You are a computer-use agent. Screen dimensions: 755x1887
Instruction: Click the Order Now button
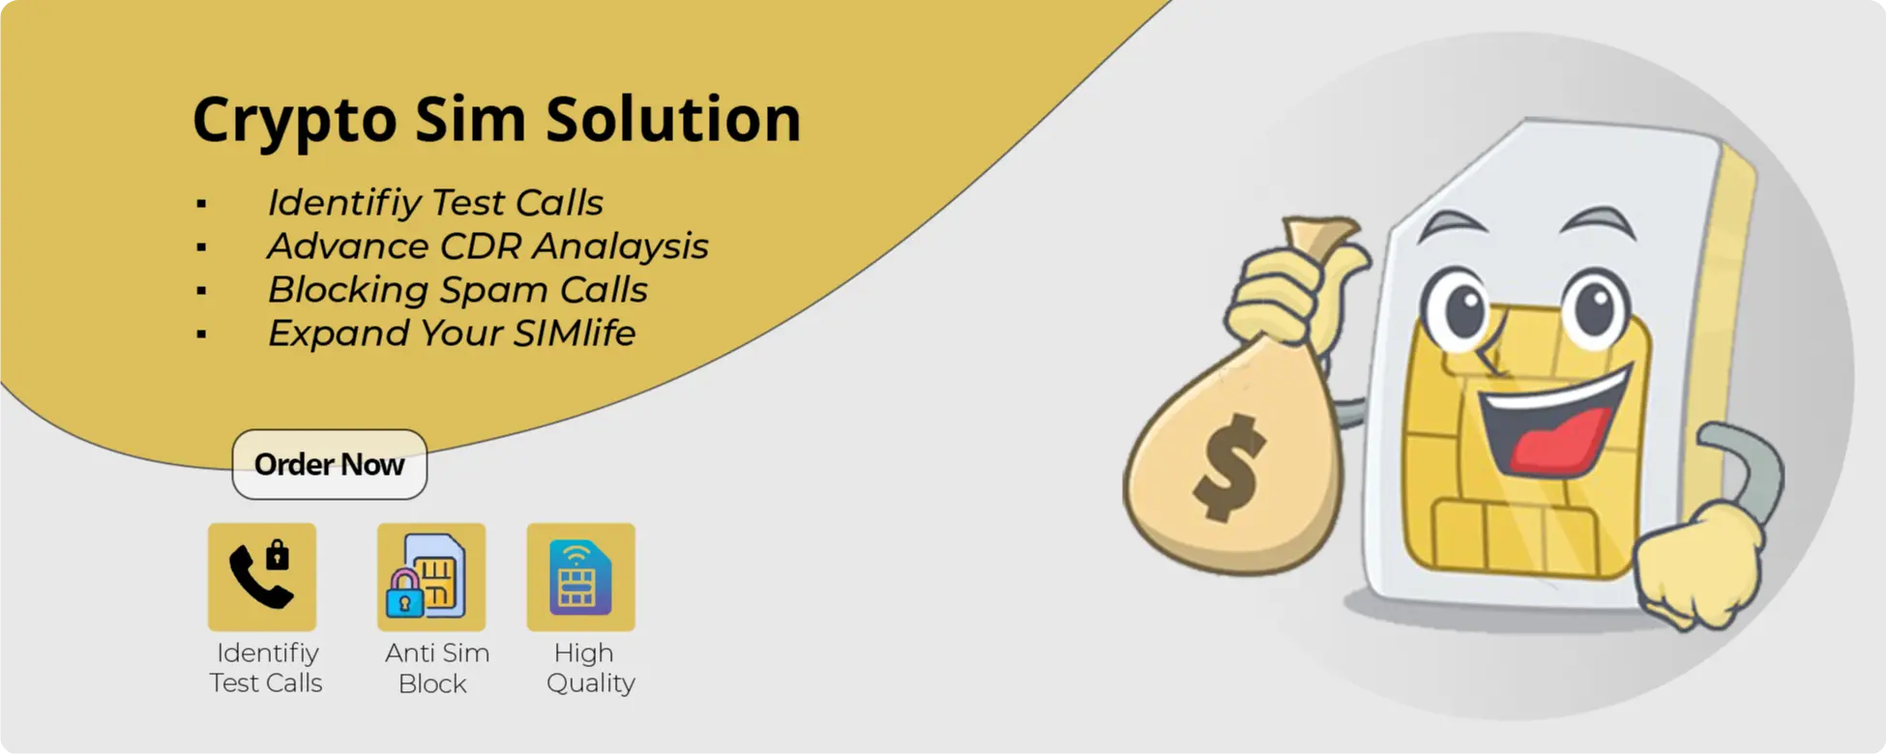tap(329, 465)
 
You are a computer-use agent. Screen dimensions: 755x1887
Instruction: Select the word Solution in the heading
tap(673, 120)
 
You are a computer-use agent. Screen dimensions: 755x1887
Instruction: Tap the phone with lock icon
tap(262, 576)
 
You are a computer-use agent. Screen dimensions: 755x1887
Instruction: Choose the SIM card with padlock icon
tap(431, 576)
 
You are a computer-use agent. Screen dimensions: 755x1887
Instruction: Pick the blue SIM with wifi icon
tap(580, 576)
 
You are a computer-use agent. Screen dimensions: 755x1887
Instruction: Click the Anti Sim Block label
tap(436, 668)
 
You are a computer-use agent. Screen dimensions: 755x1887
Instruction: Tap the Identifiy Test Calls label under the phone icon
tap(266, 668)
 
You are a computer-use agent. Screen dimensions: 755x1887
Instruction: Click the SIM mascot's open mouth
tap(1552, 425)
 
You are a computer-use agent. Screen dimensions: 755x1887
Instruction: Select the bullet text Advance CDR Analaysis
tap(487, 247)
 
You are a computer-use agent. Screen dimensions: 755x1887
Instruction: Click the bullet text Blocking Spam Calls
tap(457, 290)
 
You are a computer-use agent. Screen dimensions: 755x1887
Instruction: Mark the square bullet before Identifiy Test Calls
tap(201, 204)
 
